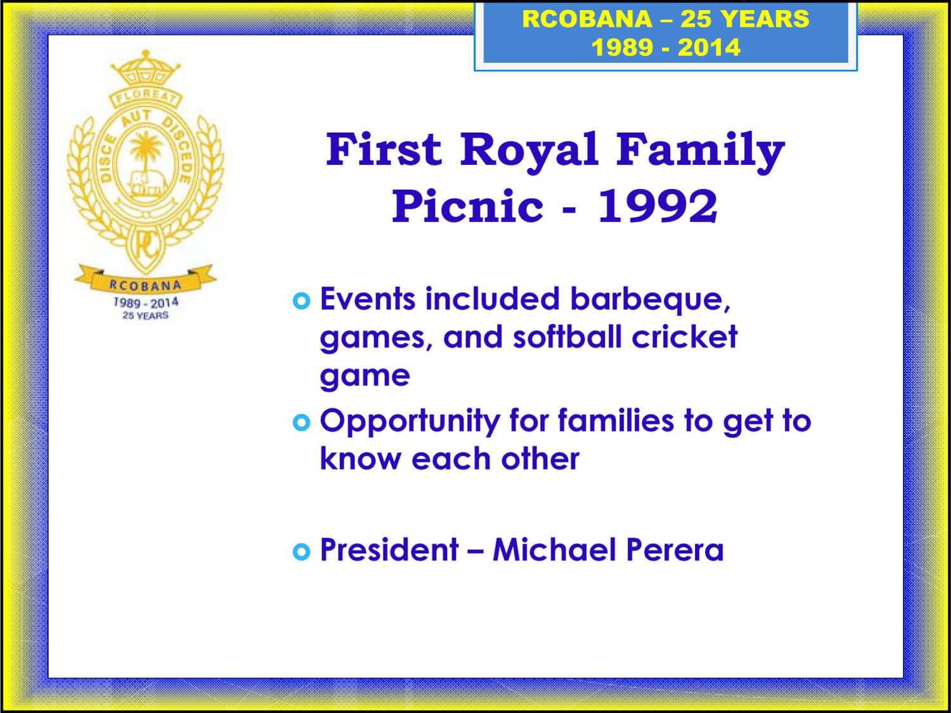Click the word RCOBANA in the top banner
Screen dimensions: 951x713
(x=587, y=19)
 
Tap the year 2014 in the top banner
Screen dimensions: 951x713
(x=709, y=47)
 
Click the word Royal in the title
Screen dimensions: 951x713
(x=529, y=150)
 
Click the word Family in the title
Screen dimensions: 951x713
(x=701, y=152)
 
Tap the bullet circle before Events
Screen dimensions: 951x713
(x=302, y=301)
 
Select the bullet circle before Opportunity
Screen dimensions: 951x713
(x=302, y=422)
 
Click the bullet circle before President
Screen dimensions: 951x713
(x=302, y=552)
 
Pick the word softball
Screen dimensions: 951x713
(x=567, y=337)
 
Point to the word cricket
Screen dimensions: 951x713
(x=685, y=337)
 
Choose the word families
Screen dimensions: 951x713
(x=616, y=421)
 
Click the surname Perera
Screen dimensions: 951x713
(x=675, y=550)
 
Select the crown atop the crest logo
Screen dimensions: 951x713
(x=146, y=68)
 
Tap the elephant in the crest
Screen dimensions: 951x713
(x=146, y=183)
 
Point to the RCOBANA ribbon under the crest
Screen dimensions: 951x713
(x=145, y=280)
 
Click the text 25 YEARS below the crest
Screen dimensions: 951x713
(x=146, y=315)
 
